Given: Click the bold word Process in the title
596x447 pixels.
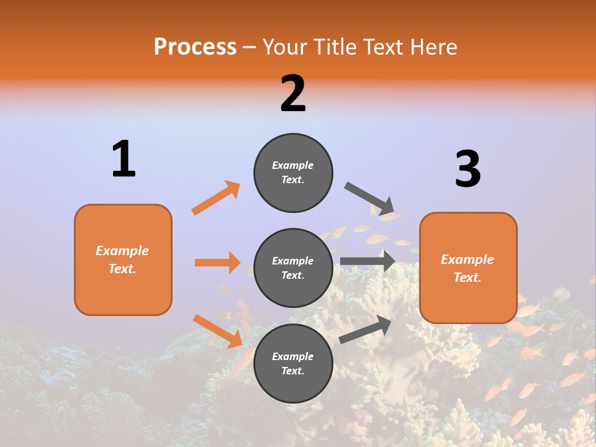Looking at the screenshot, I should (x=195, y=47).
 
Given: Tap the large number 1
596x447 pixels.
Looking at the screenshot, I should (x=124, y=159).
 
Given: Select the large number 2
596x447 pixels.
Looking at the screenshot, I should (x=293, y=94).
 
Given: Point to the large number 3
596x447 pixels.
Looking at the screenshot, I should (x=467, y=169).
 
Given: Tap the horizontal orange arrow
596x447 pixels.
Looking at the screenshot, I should (x=217, y=263).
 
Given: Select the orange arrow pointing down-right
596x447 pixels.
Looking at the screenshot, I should (x=217, y=331).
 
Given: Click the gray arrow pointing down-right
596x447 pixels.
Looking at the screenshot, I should (x=369, y=198).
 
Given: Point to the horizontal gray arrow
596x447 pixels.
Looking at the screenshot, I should (x=368, y=261).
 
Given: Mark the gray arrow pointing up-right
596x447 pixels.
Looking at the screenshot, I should (x=365, y=330).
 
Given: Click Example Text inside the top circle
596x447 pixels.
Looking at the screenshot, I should (x=293, y=173).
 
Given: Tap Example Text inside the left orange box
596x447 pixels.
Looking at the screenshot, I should (x=122, y=260).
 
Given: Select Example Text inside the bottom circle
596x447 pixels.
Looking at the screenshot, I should (x=293, y=364).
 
